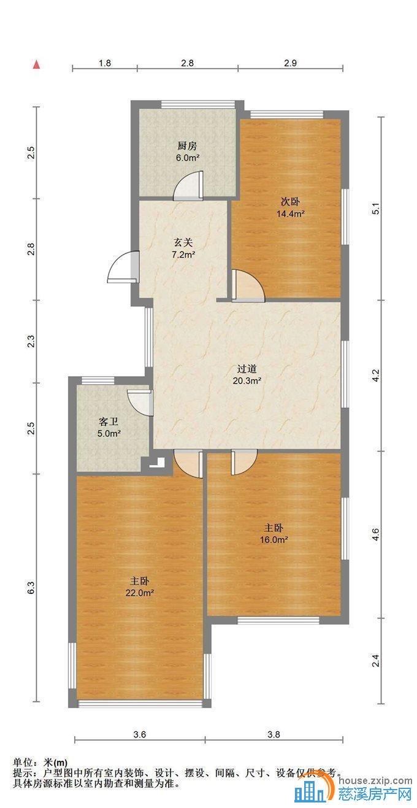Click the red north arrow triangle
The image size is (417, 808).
tap(36, 65)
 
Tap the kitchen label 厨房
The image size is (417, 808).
tap(187, 146)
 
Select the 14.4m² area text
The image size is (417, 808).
tap(291, 213)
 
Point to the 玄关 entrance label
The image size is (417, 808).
tap(183, 243)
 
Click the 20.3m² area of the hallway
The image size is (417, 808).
tap(247, 380)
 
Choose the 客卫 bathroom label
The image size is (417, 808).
tap(109, 421)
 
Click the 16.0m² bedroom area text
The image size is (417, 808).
tap(274, 540)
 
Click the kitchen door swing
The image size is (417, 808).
tap(188, 185)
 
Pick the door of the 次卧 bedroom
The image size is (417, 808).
tap(248, 285)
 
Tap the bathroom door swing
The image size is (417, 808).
tap(140, 403)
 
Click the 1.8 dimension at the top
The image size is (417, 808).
tap(104, 63)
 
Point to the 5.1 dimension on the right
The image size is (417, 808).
tap(376, 209)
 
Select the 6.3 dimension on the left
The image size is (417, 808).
tap(31, 588)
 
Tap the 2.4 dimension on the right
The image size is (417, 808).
tap(376, 661)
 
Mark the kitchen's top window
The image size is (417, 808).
tap(197, 105)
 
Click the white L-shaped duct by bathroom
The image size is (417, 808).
tap(158, 462)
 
